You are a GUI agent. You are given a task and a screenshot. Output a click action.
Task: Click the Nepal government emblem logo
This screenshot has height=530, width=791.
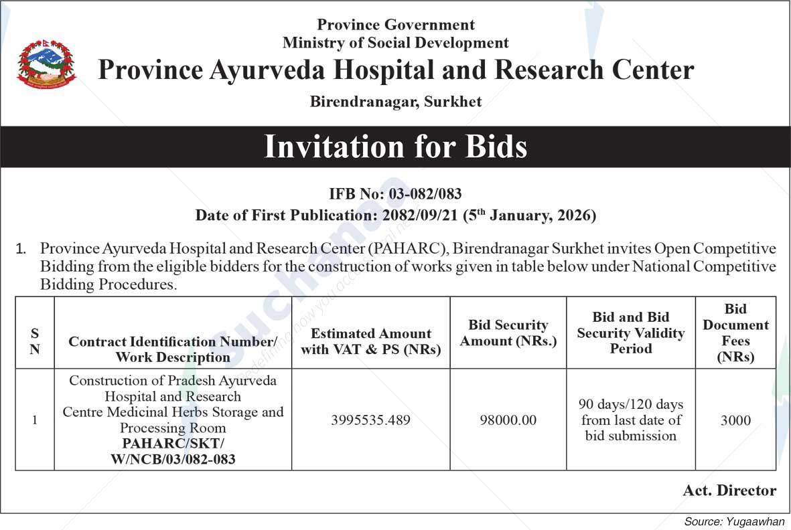(46, 64)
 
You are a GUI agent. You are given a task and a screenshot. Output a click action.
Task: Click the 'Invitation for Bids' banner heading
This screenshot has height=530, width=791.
(395, 147)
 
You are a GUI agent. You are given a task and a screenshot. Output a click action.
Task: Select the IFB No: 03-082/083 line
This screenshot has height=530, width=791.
(395, 194)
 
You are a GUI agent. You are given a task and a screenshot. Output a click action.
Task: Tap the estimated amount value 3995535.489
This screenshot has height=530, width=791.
(370, 420)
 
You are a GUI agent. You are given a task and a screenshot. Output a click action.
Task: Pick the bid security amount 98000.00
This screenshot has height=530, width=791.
(508, 420)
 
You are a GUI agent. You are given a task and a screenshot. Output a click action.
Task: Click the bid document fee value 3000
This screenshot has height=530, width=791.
(735, 420)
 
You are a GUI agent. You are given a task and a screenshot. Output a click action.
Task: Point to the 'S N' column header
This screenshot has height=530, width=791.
(35, 341)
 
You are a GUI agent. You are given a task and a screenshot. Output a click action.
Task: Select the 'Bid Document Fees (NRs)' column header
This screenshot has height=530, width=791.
(735, 333)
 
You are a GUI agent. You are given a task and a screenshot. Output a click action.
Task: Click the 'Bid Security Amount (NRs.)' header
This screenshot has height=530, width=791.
(508, 333)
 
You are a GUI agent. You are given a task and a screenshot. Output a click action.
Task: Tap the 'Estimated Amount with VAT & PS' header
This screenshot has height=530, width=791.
(370, 341)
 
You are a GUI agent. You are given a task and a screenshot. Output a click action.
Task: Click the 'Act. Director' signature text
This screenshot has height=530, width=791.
(729, 491)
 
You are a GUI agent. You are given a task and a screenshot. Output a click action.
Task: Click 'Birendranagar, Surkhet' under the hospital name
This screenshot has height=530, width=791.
(395, 102)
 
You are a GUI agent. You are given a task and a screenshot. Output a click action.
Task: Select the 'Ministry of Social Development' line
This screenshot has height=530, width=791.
(395, 43)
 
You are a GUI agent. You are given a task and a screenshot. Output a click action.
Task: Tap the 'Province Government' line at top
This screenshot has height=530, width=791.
(395, 25)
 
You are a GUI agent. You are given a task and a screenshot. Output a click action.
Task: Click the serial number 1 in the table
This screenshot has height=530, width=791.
(35, 420)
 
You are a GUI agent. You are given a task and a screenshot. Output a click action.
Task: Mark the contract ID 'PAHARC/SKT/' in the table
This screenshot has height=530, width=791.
(173, 444)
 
